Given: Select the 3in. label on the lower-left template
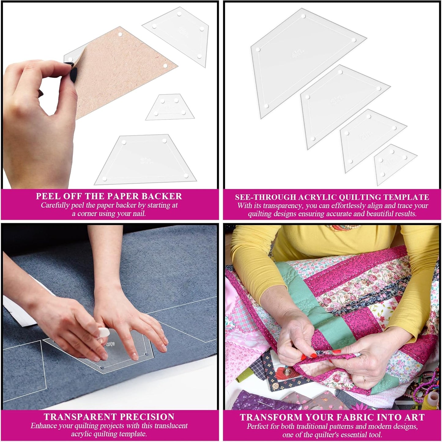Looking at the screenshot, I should pyautogui.click(x=147, y=160).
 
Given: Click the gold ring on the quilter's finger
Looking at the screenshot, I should pyautogui.click(x=364, y=379).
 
